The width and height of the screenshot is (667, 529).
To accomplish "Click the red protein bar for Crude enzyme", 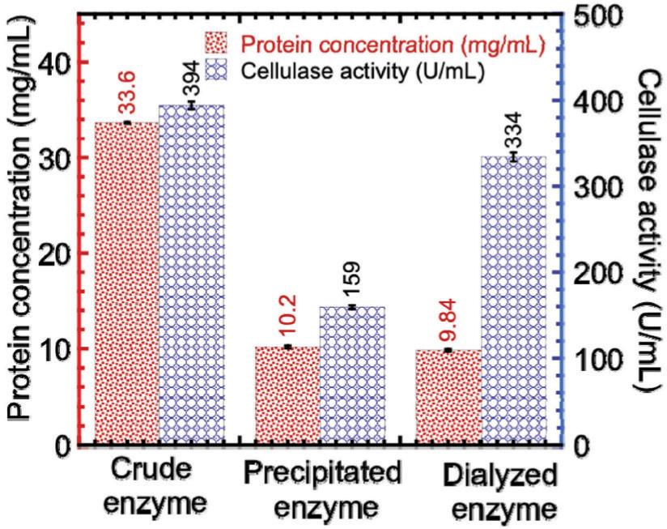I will tap(126, 284).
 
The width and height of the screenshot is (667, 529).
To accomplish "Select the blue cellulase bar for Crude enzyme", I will tap(191, 275).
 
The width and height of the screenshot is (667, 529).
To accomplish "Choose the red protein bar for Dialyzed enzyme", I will tap(448, 397).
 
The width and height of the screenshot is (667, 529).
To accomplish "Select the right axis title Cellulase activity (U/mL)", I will tap(648, 231).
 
